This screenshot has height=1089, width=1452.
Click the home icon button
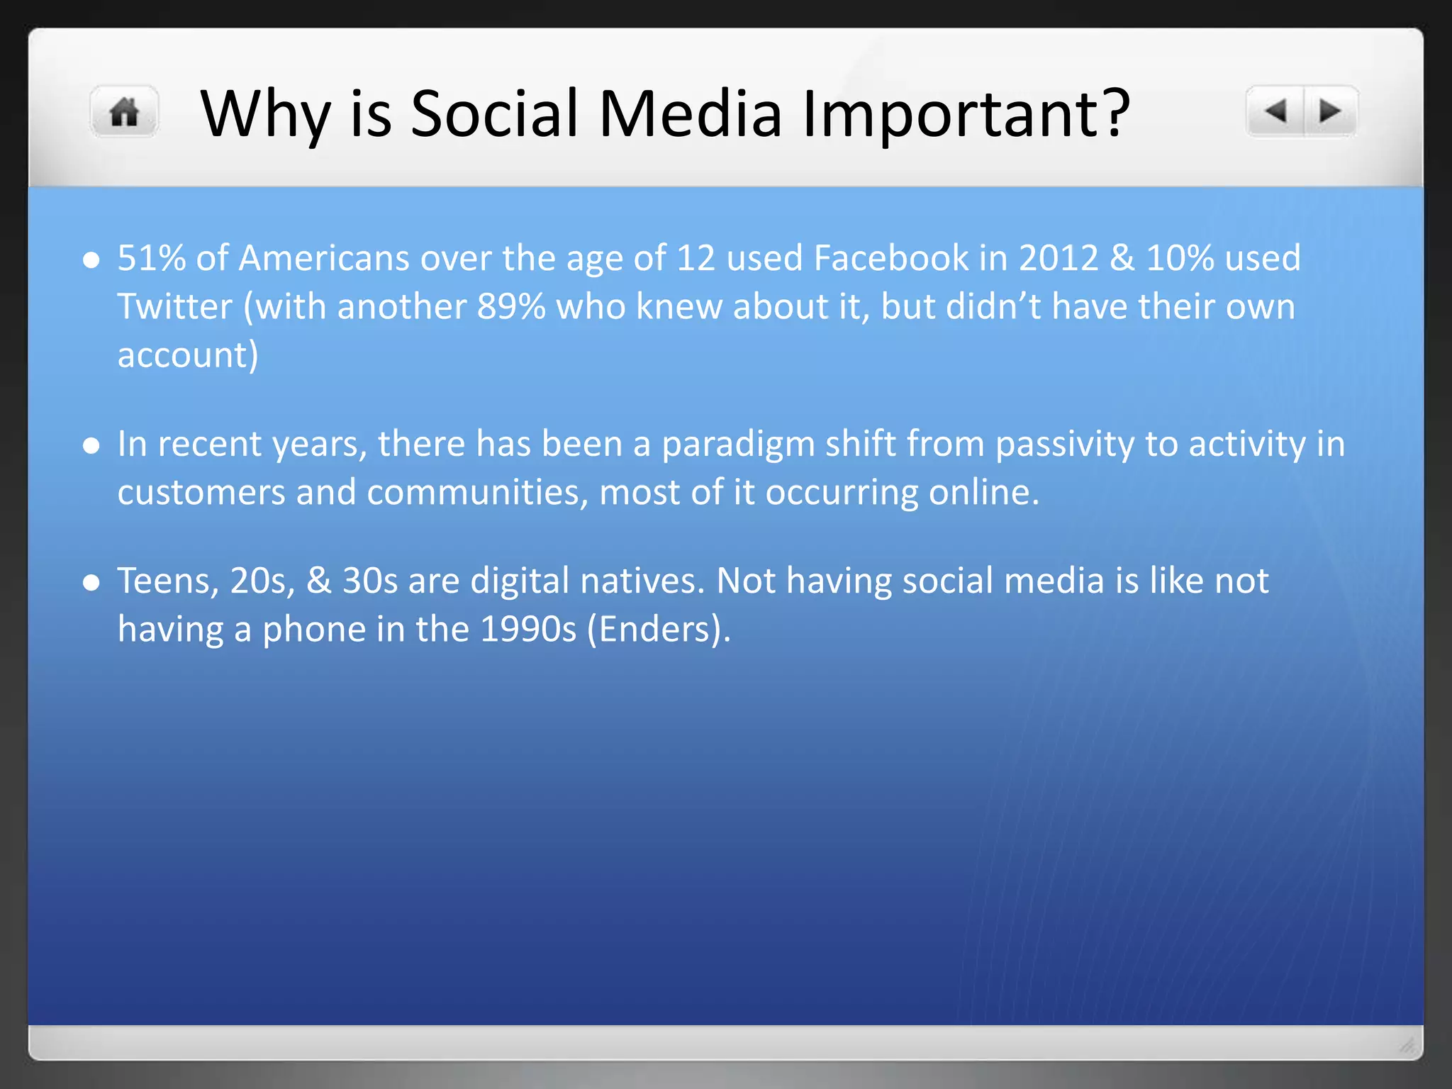125,112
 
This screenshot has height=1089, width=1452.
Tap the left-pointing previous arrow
1275,111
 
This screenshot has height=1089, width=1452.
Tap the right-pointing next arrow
1329,111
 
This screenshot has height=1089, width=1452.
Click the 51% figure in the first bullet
151,258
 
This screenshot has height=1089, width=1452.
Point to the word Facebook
890,258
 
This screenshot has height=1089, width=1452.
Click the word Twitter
174,307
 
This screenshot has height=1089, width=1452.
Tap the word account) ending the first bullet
188,355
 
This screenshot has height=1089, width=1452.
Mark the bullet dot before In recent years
91,446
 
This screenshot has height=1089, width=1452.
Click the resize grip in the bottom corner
1407,1045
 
